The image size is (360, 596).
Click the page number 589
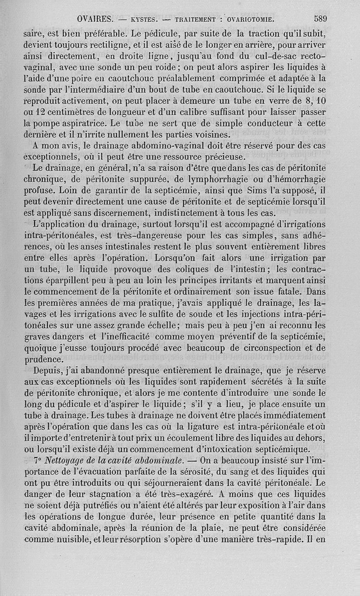pos(320,18)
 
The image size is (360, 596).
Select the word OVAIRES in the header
pos(94,19)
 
